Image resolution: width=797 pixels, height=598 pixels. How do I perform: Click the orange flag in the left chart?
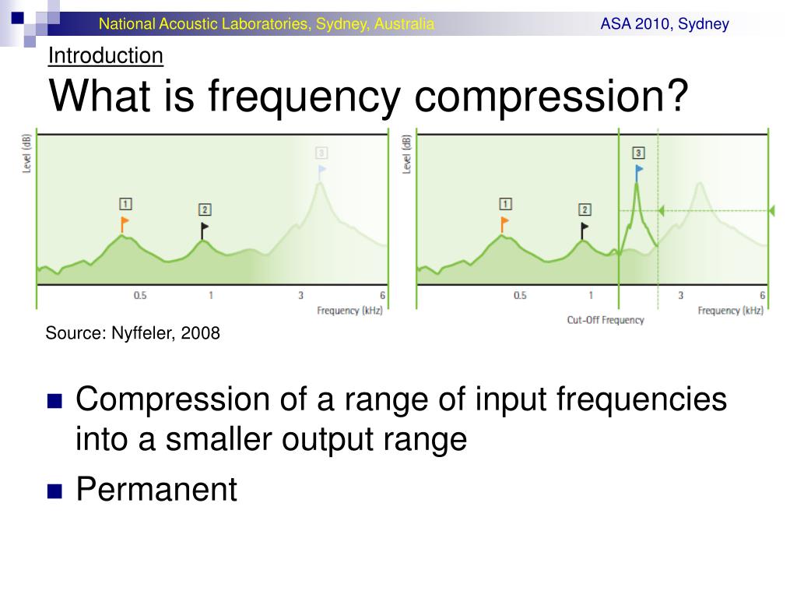[125, 223]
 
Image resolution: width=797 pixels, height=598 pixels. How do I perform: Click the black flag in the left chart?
[204, 230]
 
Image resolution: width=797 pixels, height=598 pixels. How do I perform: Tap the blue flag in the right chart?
[638, 172]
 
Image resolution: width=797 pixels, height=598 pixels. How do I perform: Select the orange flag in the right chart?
[504, 223]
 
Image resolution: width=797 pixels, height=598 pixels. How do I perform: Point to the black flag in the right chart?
[584, 230]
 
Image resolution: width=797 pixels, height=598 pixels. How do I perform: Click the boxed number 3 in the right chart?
[638, 153]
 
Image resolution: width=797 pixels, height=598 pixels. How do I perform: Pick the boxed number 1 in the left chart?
[125, 204]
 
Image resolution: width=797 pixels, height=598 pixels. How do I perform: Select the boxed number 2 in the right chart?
[585, 209]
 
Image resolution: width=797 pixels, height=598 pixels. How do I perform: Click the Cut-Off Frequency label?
[606, 320]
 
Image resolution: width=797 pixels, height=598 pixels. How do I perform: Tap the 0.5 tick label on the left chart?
[140, 295]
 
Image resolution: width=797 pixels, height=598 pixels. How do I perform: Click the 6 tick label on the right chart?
[762, 295]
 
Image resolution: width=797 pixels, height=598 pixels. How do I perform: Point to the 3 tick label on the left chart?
[300, 295]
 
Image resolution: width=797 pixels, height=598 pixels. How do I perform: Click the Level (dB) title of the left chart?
[26, 153]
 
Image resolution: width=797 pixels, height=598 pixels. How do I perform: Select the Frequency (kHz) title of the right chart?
[730, 311]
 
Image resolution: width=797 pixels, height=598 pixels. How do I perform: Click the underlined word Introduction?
[106, 55]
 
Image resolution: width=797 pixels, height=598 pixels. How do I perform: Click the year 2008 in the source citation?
[200, 333]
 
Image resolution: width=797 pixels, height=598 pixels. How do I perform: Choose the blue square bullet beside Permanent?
[54, 491]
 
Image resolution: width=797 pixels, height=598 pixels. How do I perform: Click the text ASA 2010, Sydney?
[665, 24]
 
